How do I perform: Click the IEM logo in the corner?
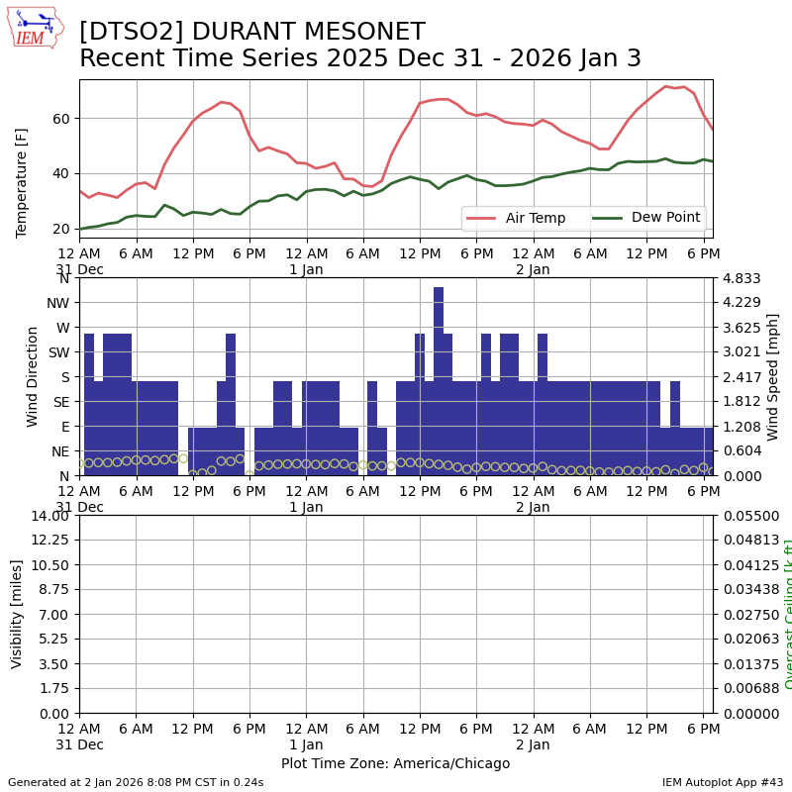[x=35, y=28]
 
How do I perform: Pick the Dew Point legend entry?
[x=646, y=218]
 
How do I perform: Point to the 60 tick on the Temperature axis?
[x=62, y=119]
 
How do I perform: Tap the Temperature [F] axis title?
[x=22, y=182]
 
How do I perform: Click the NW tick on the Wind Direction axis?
[x=57, y=303]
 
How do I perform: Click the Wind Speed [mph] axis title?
[x=773, y=376]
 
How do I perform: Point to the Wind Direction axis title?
[x=33, y=376]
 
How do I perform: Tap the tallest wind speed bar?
[x=439, y=381]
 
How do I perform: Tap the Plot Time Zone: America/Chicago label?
[x=395, y=763]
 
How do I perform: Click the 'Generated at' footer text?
[x=136, y=782]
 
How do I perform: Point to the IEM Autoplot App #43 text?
[x=723, y=782]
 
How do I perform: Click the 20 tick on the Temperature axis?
[x=62, y=229]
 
